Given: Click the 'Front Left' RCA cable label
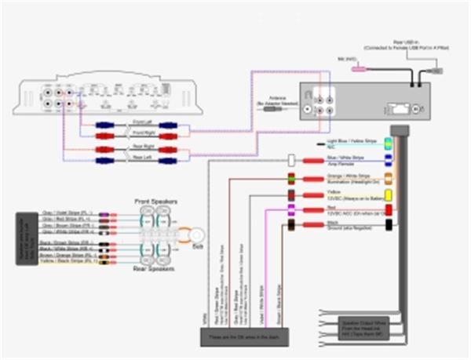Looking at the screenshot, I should pyautogui.click(x=143, y=122).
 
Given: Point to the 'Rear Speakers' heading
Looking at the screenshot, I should pyautogui.click(x=154, y=268).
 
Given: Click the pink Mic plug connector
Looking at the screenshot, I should pyautogui.click(x=360, y=70).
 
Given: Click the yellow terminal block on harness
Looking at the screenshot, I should pyautogui.click(x=388, y=193).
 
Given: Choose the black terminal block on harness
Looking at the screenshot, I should pyautogui.click(x=388, y=226).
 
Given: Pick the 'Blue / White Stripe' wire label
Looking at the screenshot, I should pyautogui.click(x=346, y=158).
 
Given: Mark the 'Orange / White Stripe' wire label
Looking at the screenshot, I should pyautogui.click(x=348, y=176).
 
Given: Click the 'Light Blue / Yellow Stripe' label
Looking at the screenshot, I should pyautogui.click(x=350, y=142).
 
